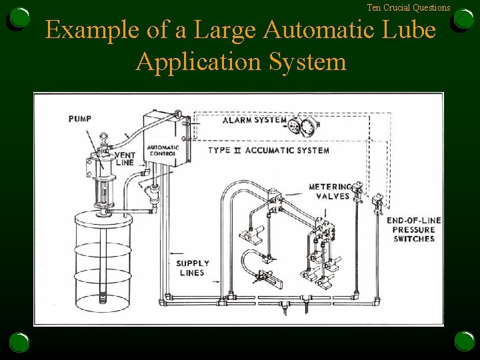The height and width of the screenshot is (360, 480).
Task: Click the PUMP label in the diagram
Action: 80,119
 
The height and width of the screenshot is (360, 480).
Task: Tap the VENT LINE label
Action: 124,158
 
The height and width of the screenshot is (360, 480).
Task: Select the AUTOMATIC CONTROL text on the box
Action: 162,150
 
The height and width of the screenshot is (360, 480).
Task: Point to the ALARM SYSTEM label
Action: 254,121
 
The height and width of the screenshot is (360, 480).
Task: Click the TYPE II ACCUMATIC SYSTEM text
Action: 268,151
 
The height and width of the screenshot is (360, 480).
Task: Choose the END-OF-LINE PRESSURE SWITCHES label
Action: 413,229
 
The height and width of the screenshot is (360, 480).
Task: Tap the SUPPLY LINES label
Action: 193,268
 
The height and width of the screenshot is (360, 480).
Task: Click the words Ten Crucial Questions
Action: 408,8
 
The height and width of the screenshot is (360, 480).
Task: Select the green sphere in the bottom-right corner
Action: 465,341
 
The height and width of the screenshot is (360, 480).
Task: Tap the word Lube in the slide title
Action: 413,31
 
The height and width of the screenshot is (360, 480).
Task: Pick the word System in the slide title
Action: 308,61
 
